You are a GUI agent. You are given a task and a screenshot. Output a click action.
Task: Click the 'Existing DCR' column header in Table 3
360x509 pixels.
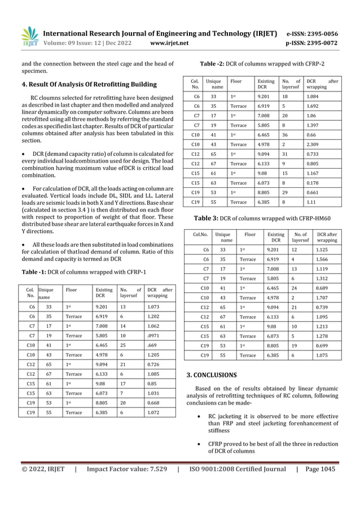pyautogui.click(x=275, y=236)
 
